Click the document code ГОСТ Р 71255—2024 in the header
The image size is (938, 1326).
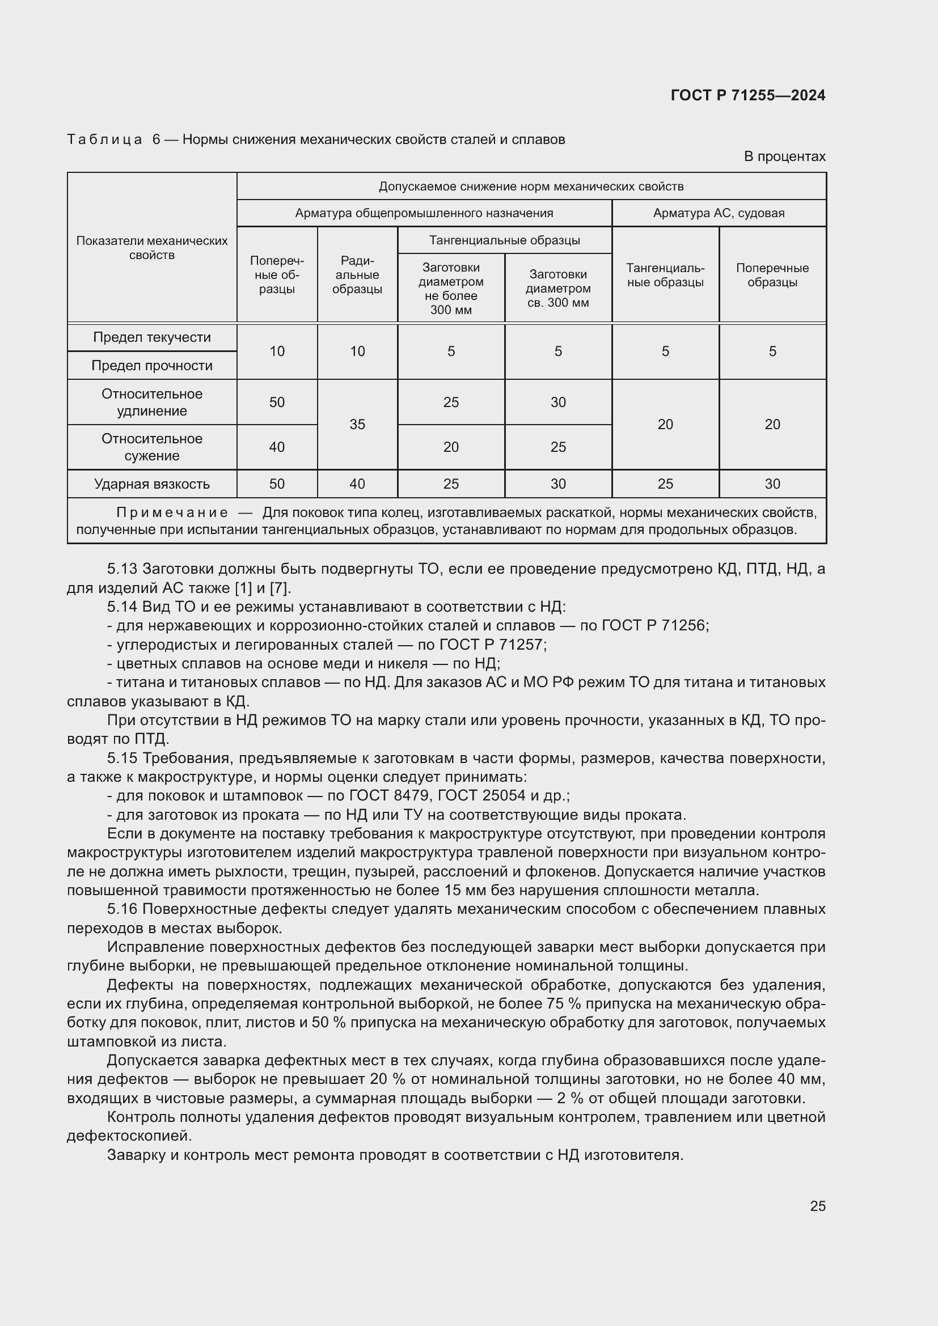point(747,95)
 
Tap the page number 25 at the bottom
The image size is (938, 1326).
point(817,1206)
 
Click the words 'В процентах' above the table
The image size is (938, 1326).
point(784,156)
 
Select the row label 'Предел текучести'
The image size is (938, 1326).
point(152,337)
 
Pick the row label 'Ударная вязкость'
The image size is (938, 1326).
point(152,484)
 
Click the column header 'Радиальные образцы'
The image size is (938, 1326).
point(357,275)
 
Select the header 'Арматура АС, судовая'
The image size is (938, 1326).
point(719,213)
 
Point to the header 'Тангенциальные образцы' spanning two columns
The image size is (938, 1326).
point(504,240)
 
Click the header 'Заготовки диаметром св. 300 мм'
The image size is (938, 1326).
point(558,288)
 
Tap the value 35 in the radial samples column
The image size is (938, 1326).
point(357,425)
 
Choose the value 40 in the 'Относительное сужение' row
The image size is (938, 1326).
point(277,447)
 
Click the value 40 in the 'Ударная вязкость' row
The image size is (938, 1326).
point(357,484)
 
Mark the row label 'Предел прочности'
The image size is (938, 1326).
point(152,366)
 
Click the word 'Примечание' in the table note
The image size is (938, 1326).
point(172,513)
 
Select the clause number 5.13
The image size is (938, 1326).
point(122,569)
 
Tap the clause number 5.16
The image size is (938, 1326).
point(122,909)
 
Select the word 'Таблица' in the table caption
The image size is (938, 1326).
point(104,140)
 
